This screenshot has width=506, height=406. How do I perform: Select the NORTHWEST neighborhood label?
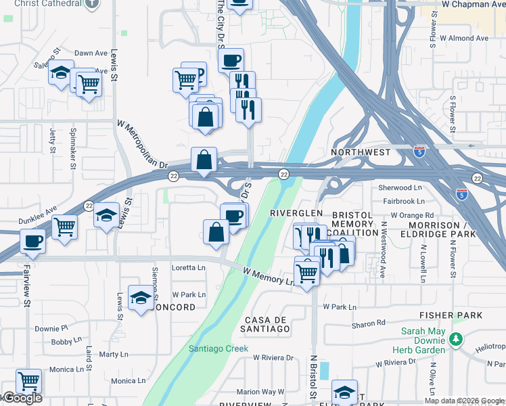(361, 152)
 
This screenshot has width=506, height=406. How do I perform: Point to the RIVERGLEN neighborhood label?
(296, 212)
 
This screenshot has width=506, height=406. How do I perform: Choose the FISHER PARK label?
(451, 315)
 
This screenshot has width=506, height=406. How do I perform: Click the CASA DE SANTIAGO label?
(267, 324)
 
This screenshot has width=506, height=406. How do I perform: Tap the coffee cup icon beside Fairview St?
(32, 241)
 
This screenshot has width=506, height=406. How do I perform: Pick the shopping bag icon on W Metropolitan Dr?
(204, 160)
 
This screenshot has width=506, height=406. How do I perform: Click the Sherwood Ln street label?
(400, 187)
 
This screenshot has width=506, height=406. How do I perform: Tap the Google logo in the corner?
(22, 398)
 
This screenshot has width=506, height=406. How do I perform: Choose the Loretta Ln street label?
(188, 267)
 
